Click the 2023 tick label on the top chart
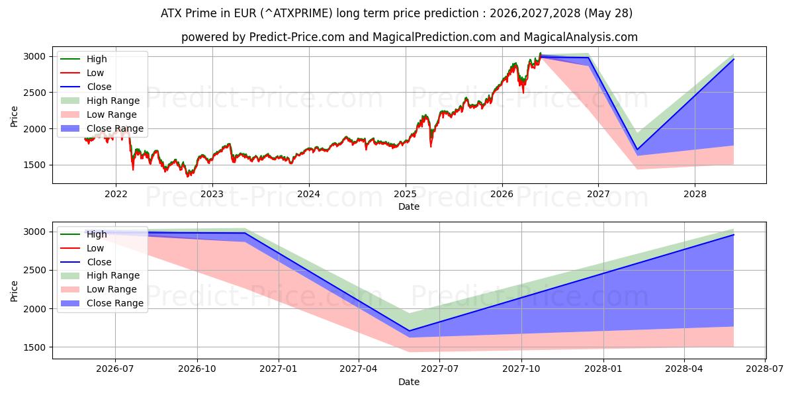click(x=212, y=195)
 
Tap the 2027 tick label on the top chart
click(x=598, y=195)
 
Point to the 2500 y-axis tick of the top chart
click(x=34, y=93)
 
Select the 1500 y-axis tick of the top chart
click(x=34, y=165)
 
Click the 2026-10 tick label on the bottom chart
click(x=197, y=369)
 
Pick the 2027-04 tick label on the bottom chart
click(x=359, y=369)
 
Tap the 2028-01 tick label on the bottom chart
click(x=603, y=369)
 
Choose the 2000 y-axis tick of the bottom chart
click(x=34, y=309)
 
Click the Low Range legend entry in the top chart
click(x=99, y=114)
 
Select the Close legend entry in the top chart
click(x=86, y=87)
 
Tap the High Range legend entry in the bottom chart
click(x=100, y=275)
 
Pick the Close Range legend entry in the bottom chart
click(x=102, y=303)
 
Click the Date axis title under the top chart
click(x=409, y=206)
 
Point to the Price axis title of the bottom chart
click(x=14, y=291)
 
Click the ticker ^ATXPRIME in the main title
click(x=297, y=13)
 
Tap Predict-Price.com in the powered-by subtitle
click(x=296, y=37)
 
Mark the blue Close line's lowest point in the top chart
click(x=637, y=150)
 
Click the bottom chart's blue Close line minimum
click(x=410, y=331)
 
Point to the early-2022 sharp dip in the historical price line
click(x=133, y=169)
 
